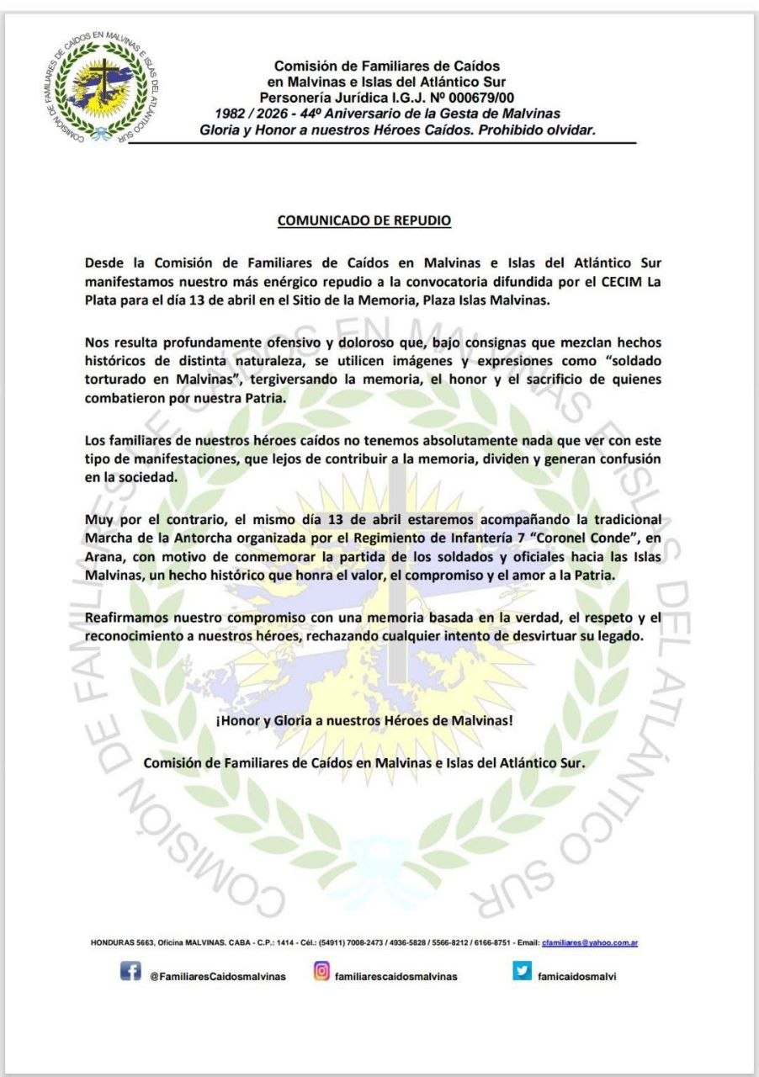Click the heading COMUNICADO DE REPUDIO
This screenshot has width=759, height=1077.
(364, 220)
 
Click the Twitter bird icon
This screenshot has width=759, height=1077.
(522, 972)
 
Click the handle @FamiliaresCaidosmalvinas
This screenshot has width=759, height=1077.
(217, 977)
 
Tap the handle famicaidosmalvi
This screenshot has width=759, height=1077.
(577, 977)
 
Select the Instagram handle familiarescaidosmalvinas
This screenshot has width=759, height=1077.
(395, 977)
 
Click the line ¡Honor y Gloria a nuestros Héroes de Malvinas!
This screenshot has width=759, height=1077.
(364, 722)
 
